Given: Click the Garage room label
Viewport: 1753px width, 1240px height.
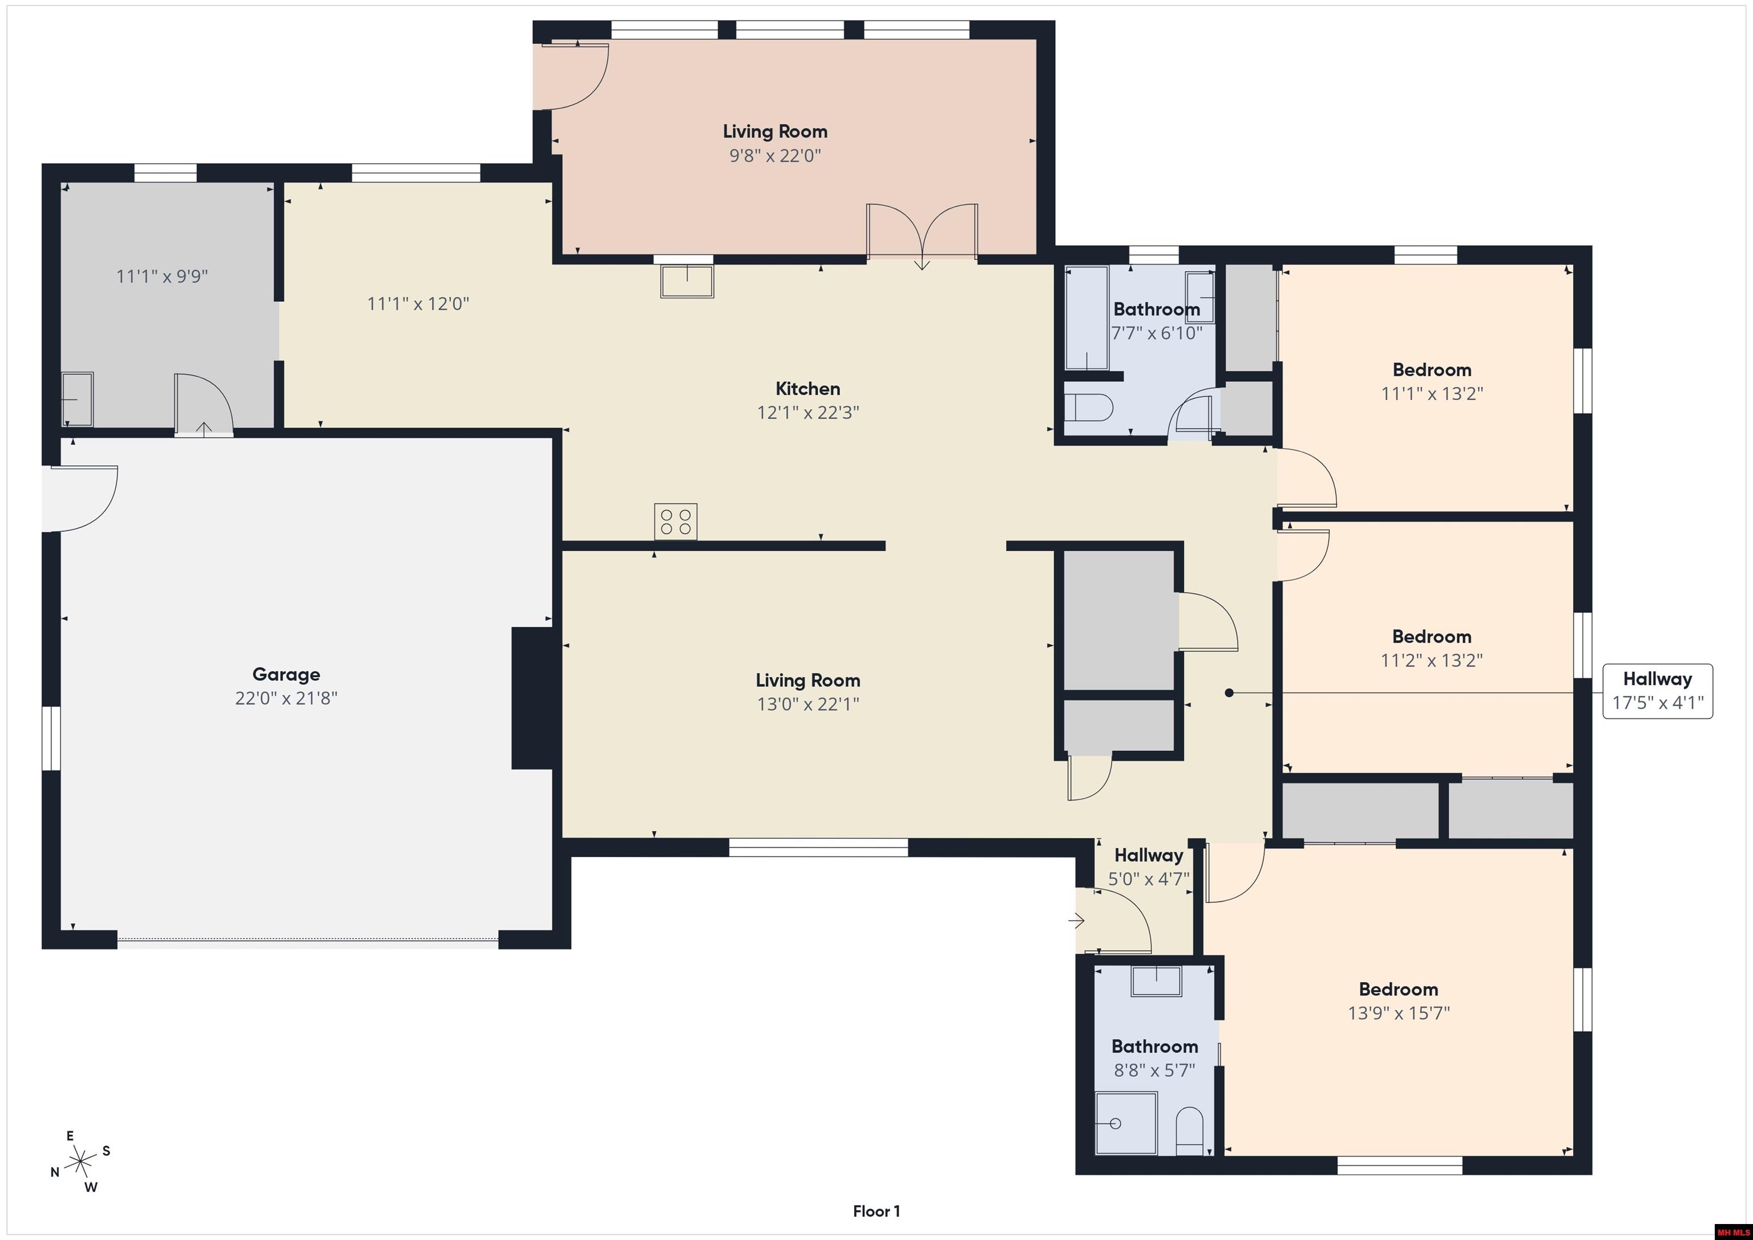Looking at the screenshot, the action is click(x=286, y=674).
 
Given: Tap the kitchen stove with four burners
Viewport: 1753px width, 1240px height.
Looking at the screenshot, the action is click(x=676, y=522).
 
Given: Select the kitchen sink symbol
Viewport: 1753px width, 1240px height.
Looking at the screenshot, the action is click(x=687, y=281).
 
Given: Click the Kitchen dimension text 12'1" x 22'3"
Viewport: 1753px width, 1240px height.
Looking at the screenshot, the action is click(x=808, y=413).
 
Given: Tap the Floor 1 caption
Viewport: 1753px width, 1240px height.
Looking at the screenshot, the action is click(x=876, y=1211).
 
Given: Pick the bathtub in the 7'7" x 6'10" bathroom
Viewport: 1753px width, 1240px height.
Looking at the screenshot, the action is click(x=1086, y=318).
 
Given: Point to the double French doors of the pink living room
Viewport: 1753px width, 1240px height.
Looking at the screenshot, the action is click(x=922, y=231).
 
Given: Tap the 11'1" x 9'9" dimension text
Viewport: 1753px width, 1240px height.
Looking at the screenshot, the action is click(x=162, y=276).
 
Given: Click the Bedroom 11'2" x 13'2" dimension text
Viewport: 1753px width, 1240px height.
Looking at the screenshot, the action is click(x=1432, y=660).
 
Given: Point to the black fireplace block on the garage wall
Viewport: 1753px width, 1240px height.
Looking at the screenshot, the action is click(x=532, y=698).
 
